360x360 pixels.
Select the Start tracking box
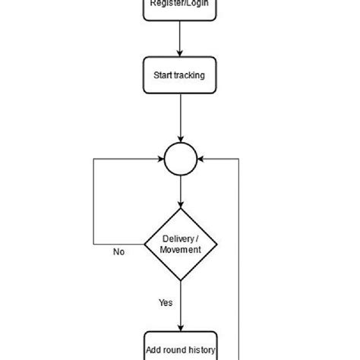(180, 76)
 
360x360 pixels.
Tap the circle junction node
(181, 159)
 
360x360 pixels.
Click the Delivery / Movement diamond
(181, 245)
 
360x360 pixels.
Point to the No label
(118, 252)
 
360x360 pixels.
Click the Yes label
(166, 302)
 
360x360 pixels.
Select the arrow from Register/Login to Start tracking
(180, 38)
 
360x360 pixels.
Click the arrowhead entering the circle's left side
(160, 159)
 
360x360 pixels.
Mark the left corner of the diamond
(145, 245)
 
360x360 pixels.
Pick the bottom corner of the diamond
(181, 280)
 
